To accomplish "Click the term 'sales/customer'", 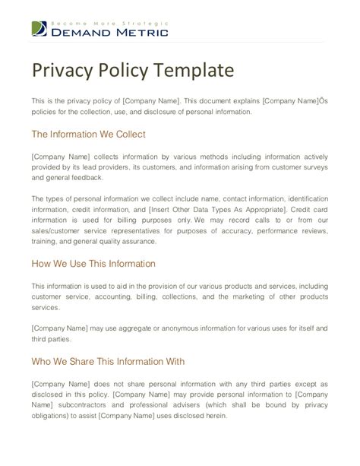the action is (x=59, y=230).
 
